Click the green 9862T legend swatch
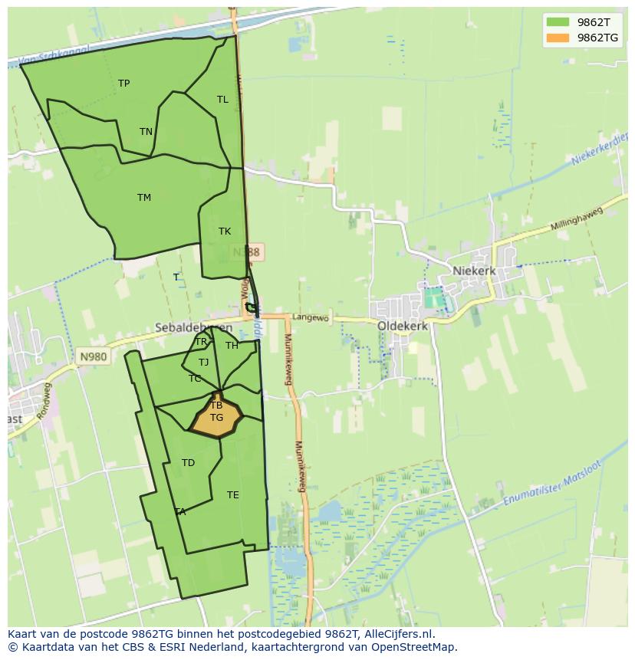click(558, 22)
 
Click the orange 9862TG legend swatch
click(558, 38)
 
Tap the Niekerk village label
click(474, 271)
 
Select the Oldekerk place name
click(403, 325)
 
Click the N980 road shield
click(92, 356)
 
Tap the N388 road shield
click(246, 251)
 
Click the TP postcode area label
click(124, 84)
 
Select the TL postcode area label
click(222, 100)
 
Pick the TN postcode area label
click(146, 132)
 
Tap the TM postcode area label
click(144, 198)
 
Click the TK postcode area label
click(225, 231)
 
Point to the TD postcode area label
click(188, 463)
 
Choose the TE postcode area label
click(233, 495)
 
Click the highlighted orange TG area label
click(216, 418)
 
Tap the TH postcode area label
click(232, 346)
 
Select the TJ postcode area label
click(203, 363)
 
